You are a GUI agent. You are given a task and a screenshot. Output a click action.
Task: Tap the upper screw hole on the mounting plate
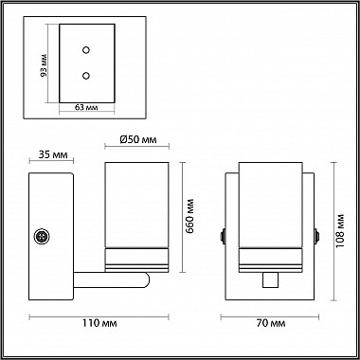click(x=86, y=52)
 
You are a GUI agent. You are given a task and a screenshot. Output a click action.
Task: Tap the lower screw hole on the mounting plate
click(x=86, y=74)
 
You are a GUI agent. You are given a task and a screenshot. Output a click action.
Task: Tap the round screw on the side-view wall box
click(x=42, y=236)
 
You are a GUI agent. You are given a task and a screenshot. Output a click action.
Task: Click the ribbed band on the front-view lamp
click(x=269, y=257)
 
